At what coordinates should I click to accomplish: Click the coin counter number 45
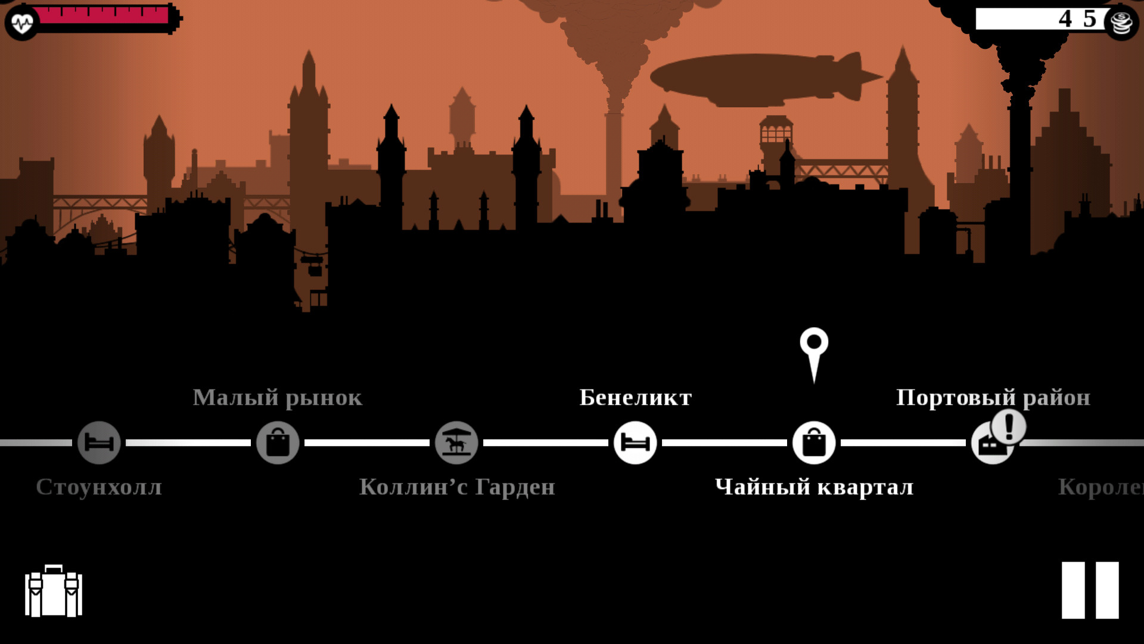tap(1077, 19)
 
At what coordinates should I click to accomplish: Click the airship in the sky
tap(763, 79)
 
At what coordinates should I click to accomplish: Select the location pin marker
tap(814, 352)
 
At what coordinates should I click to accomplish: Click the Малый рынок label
tap(278, 398)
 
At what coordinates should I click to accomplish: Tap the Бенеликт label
tap(636, 398)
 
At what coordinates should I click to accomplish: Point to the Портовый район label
tap(993, 398)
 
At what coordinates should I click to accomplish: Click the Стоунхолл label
tap(99, 487)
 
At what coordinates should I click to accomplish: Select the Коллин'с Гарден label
tap(457, 487)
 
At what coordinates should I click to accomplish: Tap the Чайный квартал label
tap(814, 487)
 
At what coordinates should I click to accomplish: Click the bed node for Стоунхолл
tap(99, 442)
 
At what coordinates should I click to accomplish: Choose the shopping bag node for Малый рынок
tap(278, 442)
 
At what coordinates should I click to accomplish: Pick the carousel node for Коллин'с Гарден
tap(456, 442)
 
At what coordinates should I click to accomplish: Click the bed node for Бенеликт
tap(635, 442)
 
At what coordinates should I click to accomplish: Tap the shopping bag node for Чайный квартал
tap(814, 442)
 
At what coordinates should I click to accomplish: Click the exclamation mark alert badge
tap(1009, 427)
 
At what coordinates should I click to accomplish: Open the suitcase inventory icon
tap(54, 591)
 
